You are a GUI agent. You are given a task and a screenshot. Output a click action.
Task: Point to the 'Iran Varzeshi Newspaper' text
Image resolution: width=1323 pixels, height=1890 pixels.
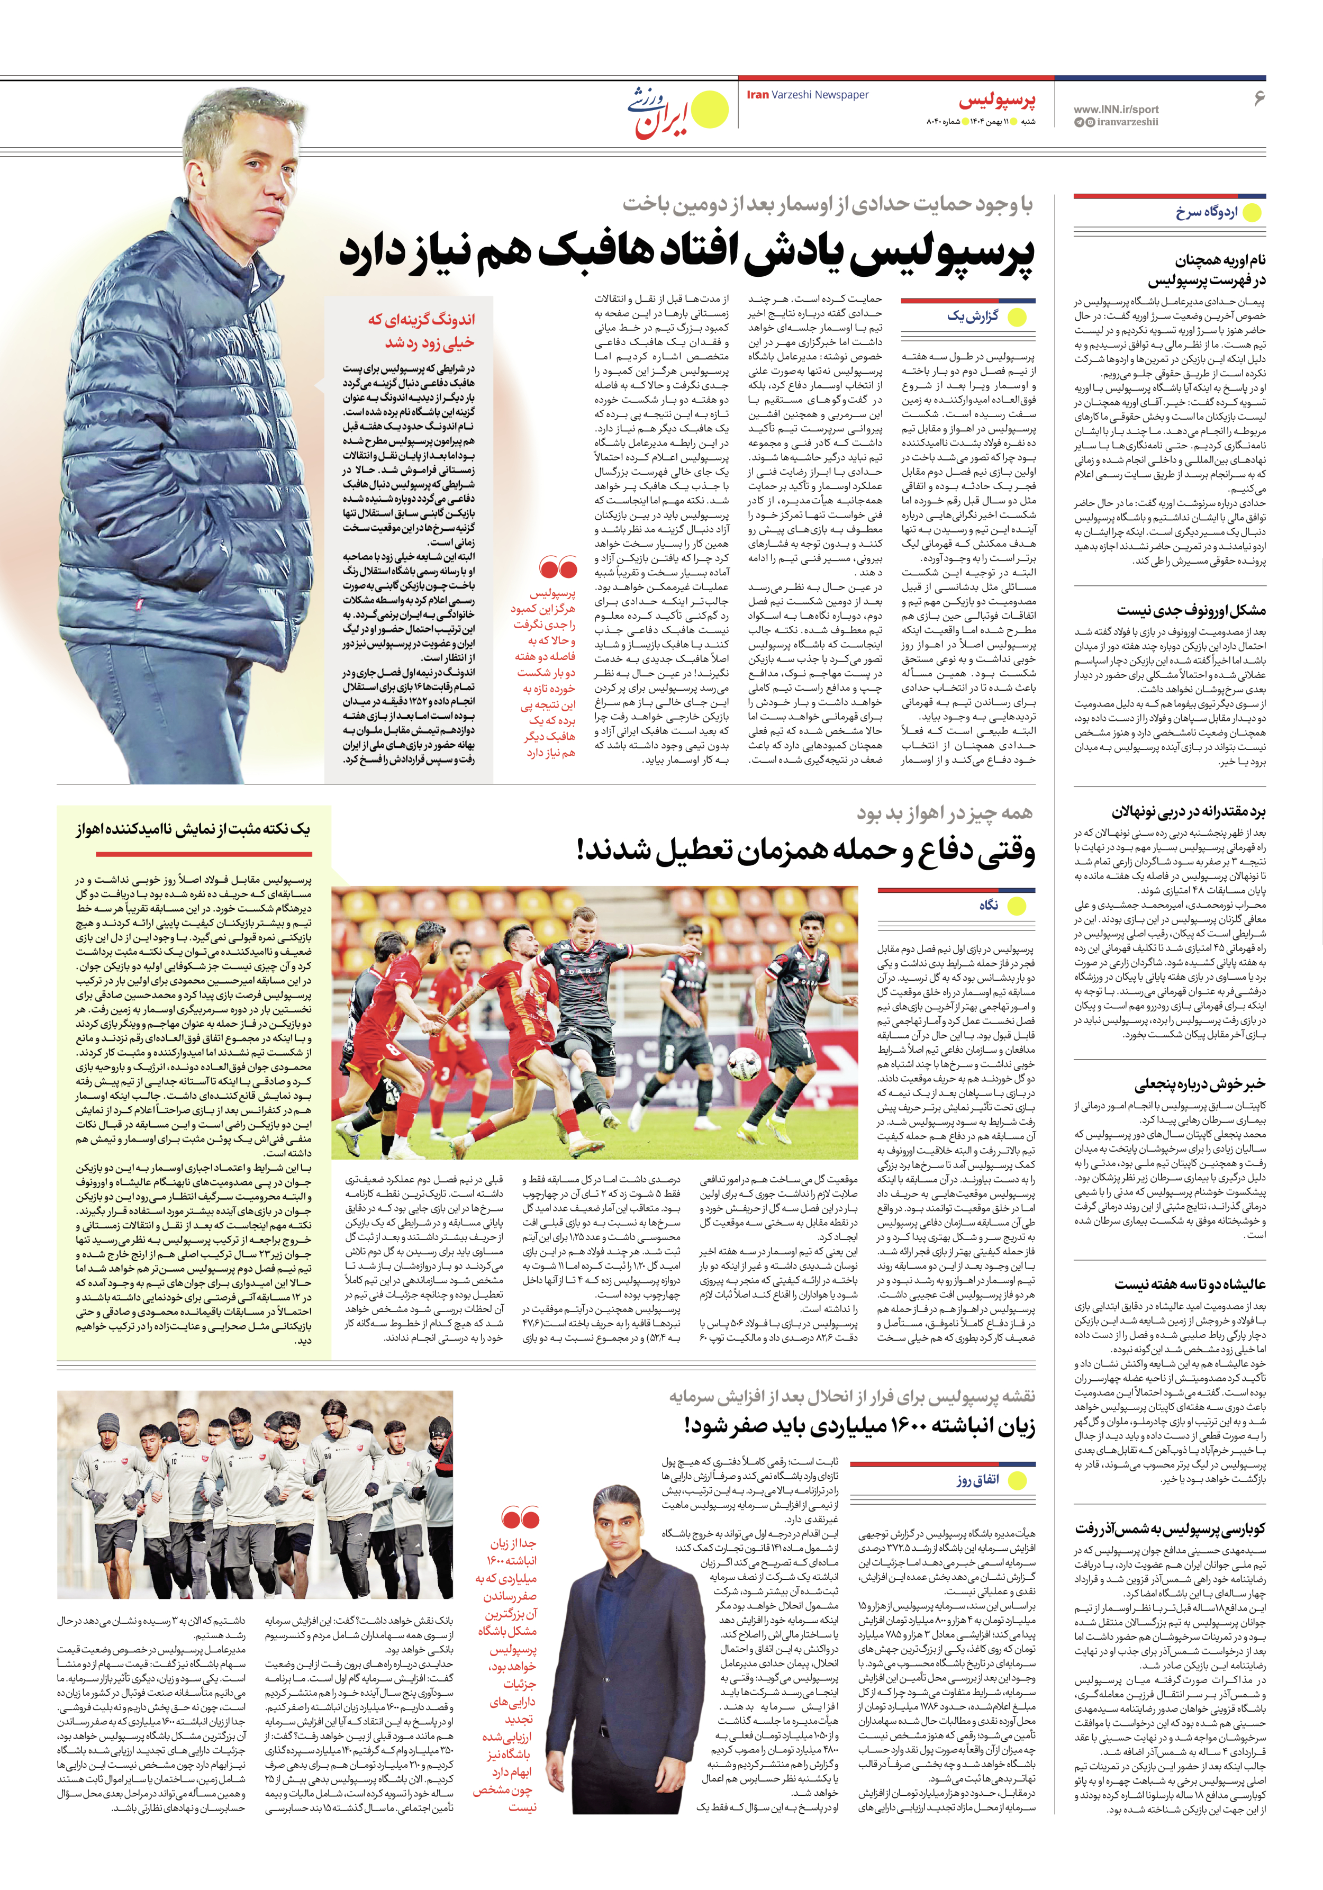click(x=807, y=95)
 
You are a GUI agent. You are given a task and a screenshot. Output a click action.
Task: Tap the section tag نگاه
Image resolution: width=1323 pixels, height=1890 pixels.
click(x=989, y=905)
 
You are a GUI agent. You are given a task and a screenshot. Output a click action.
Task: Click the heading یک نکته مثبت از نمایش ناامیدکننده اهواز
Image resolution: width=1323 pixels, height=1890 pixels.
click(x=194, y=829)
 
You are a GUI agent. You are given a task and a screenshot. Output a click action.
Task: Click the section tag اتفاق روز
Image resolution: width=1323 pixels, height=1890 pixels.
click(x=977, y=1480)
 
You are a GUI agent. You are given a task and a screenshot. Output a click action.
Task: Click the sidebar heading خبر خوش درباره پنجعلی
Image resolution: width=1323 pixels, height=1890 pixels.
click(x=1200, y=1084)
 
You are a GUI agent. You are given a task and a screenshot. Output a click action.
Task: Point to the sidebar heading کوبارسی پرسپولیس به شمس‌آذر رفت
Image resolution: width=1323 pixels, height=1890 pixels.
click(x=1170, y=1529)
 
